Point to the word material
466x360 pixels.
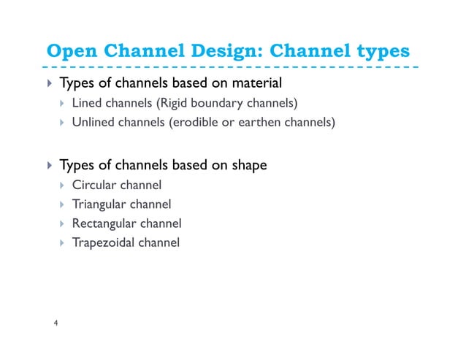pyautogui.click(x=256, y=82)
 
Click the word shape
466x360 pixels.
pyautogui.click(x=249, y=165)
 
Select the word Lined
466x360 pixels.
pyautogui.click(x=87, y=102)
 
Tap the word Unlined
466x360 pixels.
pyautogui.click(x=93, y=122)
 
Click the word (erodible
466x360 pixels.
pyautogui.click(x=194, y=122)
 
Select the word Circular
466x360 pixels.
pyautogui.click(x=92, y=185)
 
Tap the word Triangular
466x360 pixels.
pyautogui.click(x=97, y=204)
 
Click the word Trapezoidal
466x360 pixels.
pyautogui.click(x=103, y=242)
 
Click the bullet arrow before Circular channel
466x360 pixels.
pyautogui.click(x=63, y=185)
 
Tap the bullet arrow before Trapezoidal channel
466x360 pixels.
pyautogui.click(x=63, y=242)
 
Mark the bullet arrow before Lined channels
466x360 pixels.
pyautogui.click(x=63, y=102)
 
